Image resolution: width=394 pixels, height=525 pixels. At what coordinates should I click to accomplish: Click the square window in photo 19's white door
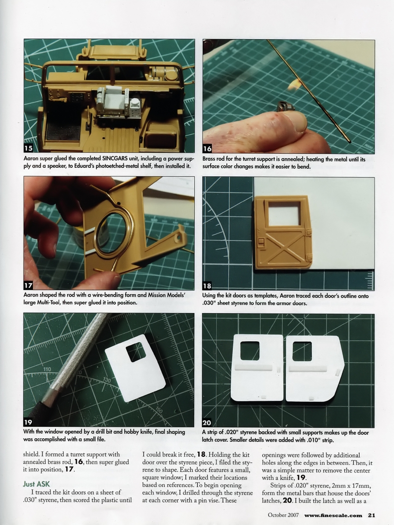[136, 353]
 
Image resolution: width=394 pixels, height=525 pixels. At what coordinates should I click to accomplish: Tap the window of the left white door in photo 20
[249, 350]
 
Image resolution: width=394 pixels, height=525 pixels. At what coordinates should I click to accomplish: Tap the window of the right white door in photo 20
[302, 351]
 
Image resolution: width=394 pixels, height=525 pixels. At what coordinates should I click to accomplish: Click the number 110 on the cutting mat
[47, 369]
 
